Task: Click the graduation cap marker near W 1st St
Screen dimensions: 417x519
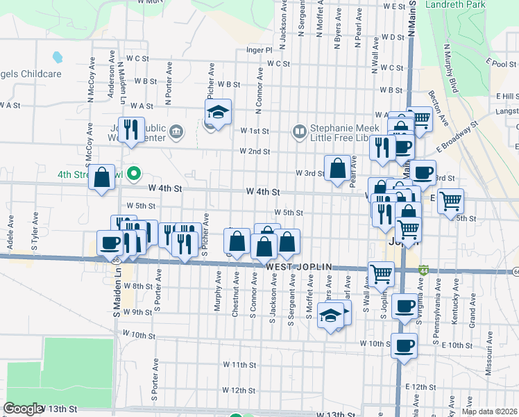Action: [x=218, y=113]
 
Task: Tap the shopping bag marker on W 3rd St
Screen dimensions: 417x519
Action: [x=337, y=168]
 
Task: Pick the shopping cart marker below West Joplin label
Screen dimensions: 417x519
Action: [x=381, y=274]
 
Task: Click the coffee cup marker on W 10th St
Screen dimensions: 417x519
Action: [x=404, y=345]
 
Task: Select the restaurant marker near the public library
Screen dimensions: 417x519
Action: [x=131, y=129]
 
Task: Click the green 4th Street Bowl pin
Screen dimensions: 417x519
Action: [x=136, y=173]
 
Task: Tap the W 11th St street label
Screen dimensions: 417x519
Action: [x=239, y=364]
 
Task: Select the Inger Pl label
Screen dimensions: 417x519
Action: [x=258, y=50]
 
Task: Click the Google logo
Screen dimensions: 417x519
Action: [x=22, y=409]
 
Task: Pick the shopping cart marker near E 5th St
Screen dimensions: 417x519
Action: [x=451, y=201]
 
